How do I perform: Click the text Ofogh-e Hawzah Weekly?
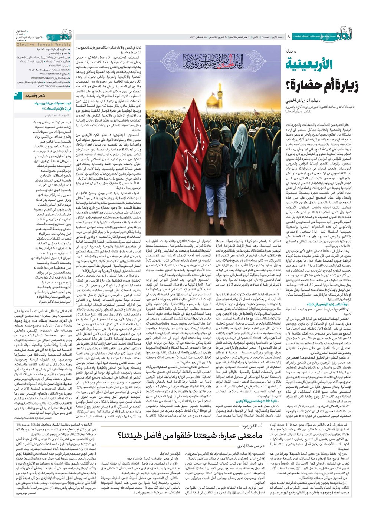click(44, 44)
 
